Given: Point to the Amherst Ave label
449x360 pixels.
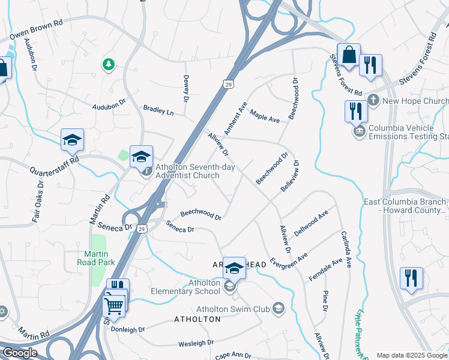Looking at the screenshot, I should [236, 118].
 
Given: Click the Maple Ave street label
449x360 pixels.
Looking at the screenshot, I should [265, 116].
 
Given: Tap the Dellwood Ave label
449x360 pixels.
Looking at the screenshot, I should [311, 223].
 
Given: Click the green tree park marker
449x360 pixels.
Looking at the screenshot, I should [108, 64].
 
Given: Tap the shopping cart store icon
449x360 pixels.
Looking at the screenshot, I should [114, 306].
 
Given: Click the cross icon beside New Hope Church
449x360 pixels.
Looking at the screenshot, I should [372, 100].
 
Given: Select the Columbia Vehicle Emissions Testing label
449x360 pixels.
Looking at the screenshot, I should [408, 132].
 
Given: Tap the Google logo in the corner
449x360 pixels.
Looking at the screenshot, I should [20, 353].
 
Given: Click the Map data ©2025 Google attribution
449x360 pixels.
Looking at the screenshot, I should [412, 355].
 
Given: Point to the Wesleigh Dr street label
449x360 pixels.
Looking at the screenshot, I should [196, 343].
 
